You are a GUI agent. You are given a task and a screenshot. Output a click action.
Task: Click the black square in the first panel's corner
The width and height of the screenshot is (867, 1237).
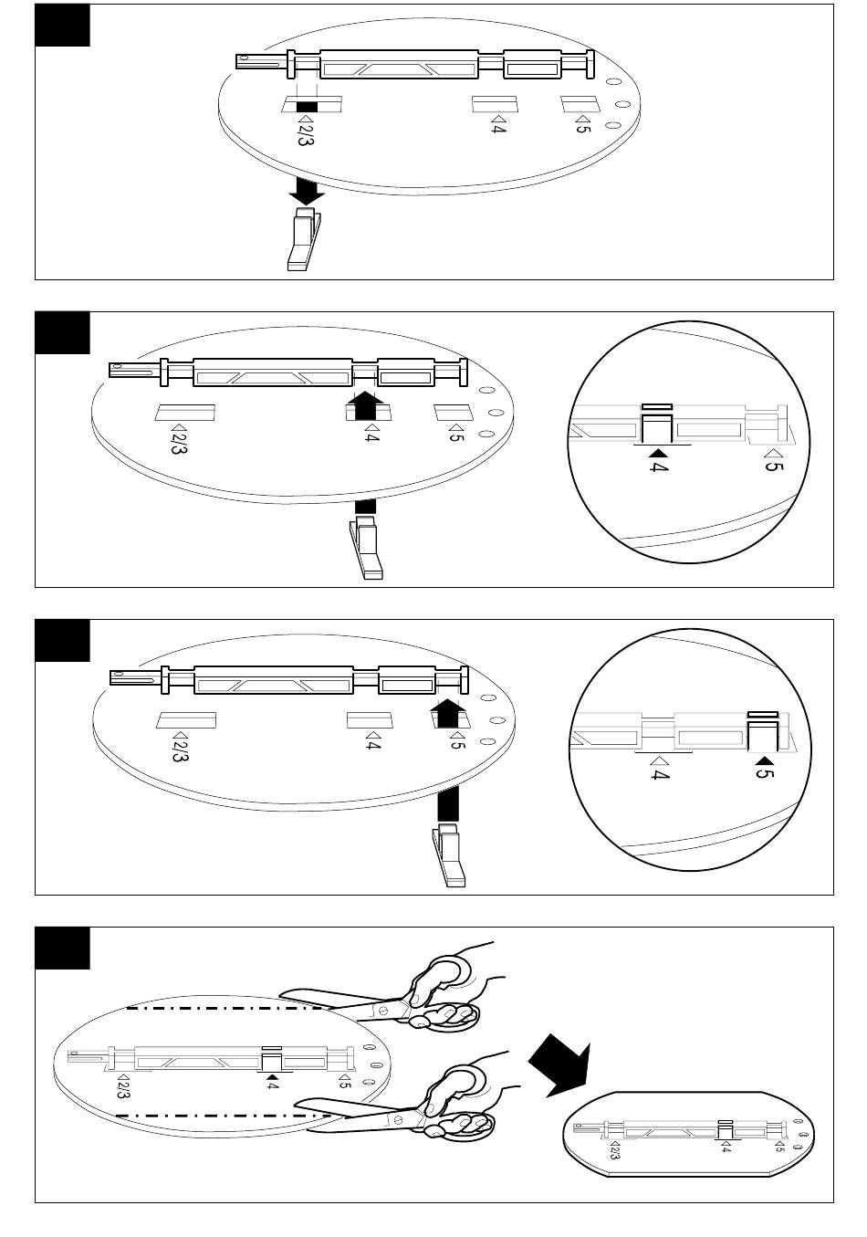pos(62,25)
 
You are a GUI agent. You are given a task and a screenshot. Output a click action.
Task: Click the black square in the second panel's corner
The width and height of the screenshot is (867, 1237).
pos(62,332)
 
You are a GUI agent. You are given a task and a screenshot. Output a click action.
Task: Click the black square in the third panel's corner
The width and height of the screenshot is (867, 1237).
pos(62,640)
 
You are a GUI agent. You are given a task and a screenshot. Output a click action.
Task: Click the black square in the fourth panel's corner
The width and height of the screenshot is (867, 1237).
pos(62,948)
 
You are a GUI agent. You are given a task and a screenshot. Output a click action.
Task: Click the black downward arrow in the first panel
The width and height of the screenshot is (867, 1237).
pos(306,191)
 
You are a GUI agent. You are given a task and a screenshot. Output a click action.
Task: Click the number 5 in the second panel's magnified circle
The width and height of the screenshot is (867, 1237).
pos(773,469)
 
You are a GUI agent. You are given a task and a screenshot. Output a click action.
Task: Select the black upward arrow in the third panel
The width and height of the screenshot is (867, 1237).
pos(447,711)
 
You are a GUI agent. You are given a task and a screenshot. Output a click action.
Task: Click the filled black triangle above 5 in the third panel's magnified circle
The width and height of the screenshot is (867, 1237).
pos(765,760)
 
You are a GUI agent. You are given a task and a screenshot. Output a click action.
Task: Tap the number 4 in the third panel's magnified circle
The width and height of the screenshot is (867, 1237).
pos(659,776)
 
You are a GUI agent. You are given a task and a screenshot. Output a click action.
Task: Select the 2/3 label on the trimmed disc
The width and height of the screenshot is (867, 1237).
pos(613,1149)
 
